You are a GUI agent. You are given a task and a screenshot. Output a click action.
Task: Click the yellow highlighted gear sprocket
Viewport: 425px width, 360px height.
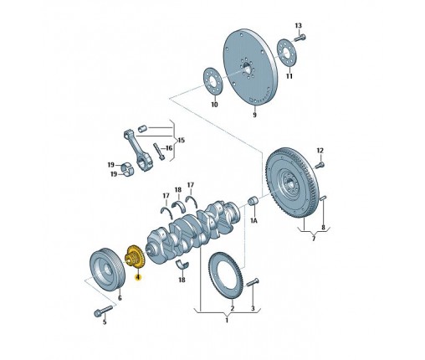pos(135,257)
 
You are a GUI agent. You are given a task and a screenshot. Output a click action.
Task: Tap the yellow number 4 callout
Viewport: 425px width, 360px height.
pos(138,277)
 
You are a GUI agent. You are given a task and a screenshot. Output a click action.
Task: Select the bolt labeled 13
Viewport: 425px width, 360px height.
pos(300,37)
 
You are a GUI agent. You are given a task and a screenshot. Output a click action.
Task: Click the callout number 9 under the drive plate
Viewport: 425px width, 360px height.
pos(254,115)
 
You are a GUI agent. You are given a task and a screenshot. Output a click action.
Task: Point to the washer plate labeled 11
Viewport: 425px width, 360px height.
pos(287,54)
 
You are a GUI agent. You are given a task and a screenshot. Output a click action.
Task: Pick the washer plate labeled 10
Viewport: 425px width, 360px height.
pos(213,81)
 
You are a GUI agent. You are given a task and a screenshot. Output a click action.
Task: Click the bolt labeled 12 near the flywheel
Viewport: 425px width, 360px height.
pos(320,165)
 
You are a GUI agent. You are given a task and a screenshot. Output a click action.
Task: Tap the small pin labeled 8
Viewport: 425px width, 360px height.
pos(323,198)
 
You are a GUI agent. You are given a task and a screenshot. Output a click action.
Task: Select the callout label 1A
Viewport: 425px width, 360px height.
pos(253,220)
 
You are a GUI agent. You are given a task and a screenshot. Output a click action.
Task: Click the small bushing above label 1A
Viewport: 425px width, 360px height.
pos(253,201)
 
